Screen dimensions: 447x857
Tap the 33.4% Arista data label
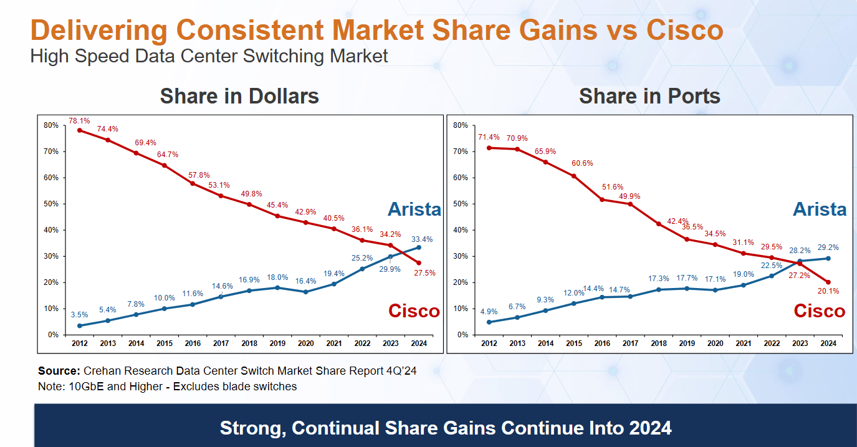421,239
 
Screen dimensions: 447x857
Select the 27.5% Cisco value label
424,272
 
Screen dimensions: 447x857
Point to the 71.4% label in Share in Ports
489,137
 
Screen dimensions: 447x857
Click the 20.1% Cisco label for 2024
828,291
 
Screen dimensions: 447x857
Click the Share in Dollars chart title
239,96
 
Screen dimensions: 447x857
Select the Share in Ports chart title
649,96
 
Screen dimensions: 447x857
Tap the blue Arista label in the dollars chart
414,209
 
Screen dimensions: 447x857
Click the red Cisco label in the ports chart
819,310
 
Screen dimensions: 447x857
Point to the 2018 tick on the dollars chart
249,343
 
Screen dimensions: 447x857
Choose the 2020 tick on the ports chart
715,343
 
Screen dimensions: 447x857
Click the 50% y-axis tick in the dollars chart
51,204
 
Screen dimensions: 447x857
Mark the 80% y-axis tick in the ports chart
461,125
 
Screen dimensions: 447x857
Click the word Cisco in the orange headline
684,30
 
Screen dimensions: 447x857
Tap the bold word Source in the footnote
59,371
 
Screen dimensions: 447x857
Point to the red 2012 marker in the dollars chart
80,130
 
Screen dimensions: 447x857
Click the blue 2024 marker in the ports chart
828,258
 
